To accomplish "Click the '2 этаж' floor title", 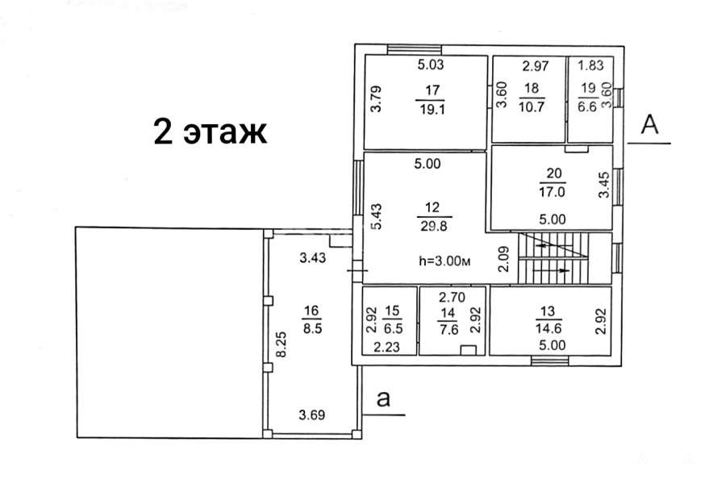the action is pyautogui.click(x=211, y=131).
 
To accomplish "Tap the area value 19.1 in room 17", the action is pyautogui.click(x=432, y=109).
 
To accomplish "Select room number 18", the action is pyautogui.click(x=532, y=88).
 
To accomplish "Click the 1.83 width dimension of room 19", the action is pyautogui.click(x=590, y=65).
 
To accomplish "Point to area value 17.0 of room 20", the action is pyautogui.click(x=552, y=192).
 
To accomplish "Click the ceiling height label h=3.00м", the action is pyautogui.click(x=445, y=261).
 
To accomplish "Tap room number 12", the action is pyautogui.click(x=432, y=207).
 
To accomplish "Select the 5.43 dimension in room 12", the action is pyautogui.click(x=376, y=217).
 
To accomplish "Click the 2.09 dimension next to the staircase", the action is pyautogui.click(x=503, y=259).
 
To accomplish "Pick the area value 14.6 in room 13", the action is pyautogui.click(x=548, y=328).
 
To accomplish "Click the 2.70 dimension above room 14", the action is pyautogui.click(x=453, y=297).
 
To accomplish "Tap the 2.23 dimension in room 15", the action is pyautogui.click(x=387, y=347).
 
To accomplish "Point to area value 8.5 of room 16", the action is pyautogui.click(x=312, y=328).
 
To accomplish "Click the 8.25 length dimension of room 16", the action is pyautogui.click(x=282, y=344).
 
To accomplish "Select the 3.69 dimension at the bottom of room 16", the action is pyautogui.click(x=312, y=415).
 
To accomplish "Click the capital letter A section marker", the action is pyautogui.click(x=650, y=124).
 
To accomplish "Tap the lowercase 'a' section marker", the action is pyautogui.click(x=383, y=399).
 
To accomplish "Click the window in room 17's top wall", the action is pyautogui.click(x=415, y=49).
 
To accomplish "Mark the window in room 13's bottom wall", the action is pyautogui.click(x=549, y=361).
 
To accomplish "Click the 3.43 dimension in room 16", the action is pyautogui.click(x=312, y=258).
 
